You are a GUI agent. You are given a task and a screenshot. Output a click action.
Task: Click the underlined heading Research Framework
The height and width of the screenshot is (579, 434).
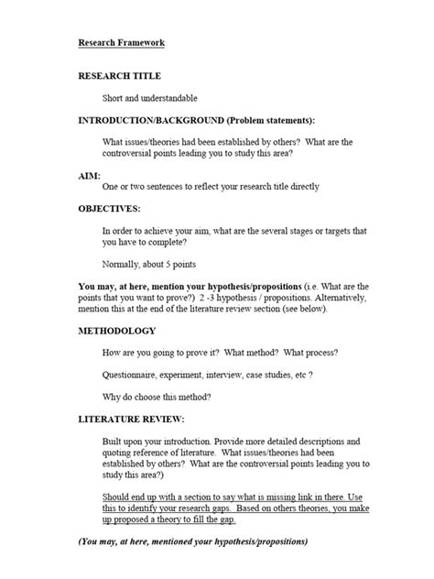[x=121, y=42]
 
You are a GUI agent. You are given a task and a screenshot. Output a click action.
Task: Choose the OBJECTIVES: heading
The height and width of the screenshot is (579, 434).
[x=109, y=208]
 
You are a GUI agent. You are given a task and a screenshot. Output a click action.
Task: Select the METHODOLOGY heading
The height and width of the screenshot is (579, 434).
[x=116, y=330]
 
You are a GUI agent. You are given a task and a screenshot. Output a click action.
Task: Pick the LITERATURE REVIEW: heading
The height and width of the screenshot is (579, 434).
[x=132, y=419]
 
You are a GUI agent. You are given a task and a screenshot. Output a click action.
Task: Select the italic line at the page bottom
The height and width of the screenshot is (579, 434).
[x=193, y=541]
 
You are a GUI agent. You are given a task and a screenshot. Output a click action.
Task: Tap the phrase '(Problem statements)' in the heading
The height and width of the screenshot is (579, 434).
[x=276, y=120]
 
